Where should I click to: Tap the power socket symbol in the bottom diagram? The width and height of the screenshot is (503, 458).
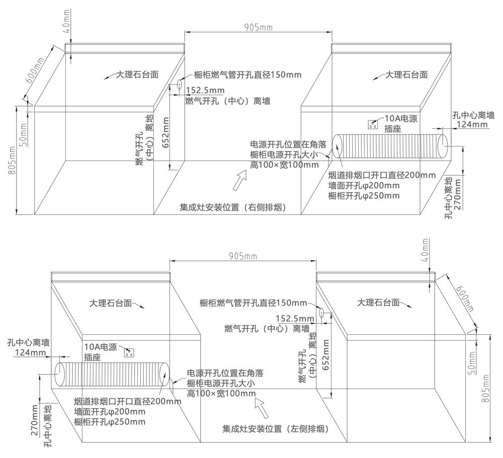tap(129, 352)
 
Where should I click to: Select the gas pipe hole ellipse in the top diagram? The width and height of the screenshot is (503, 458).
tap(179, 86)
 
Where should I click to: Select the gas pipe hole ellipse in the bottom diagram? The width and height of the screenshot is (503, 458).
tap(321, 313)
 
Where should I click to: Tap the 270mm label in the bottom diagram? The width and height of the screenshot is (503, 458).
tap(35, 421)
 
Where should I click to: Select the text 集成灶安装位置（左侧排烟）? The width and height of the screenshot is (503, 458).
tap(276, 429)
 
